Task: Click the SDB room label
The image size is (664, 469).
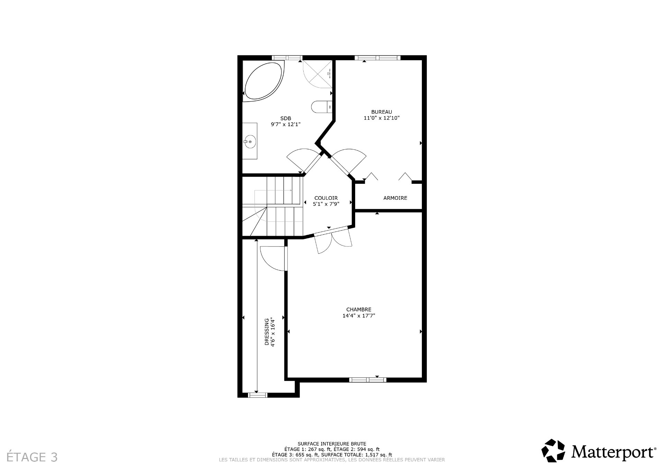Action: click(285, 118)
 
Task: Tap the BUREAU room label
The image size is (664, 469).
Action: click(381, 112)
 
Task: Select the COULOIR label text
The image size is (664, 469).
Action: click(326, 198)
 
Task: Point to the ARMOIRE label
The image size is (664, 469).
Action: click(395, 198)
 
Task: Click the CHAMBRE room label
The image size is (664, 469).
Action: click(359, 309)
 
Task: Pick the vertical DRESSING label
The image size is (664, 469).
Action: click(267, 332)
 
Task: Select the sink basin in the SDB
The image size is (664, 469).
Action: click(249, 141)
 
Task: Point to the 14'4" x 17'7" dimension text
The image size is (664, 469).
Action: click(359, 316)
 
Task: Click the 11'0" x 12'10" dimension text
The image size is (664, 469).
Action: click(381, 118)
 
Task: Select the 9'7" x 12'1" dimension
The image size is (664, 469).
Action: click(285, 124)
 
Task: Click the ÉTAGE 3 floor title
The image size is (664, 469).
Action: click(32, 457)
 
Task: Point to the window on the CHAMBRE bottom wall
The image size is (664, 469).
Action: click(367, 379)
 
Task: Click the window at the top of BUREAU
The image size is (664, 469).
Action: click(377, 58)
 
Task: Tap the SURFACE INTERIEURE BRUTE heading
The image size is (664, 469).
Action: click(332, 444)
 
